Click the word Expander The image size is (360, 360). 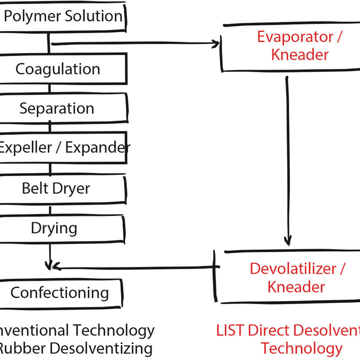(x=98, y=148)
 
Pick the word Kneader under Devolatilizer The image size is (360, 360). (x=296, y=286)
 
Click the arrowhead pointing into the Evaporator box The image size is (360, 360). (x=217, y=43)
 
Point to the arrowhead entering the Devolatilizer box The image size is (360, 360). (x=288, y=240)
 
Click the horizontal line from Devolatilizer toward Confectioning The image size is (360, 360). (x=137, y=266)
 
